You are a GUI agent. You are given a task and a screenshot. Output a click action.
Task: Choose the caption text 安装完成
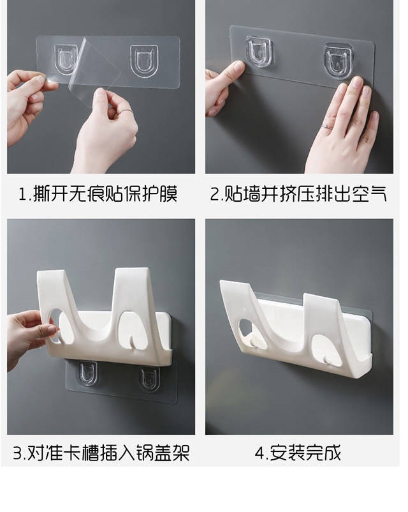305,453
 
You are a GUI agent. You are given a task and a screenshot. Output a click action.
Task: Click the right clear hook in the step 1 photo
143,59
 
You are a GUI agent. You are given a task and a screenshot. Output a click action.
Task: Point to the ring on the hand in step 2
328,127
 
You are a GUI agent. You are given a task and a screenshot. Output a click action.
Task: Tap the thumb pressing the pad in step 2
229,74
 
